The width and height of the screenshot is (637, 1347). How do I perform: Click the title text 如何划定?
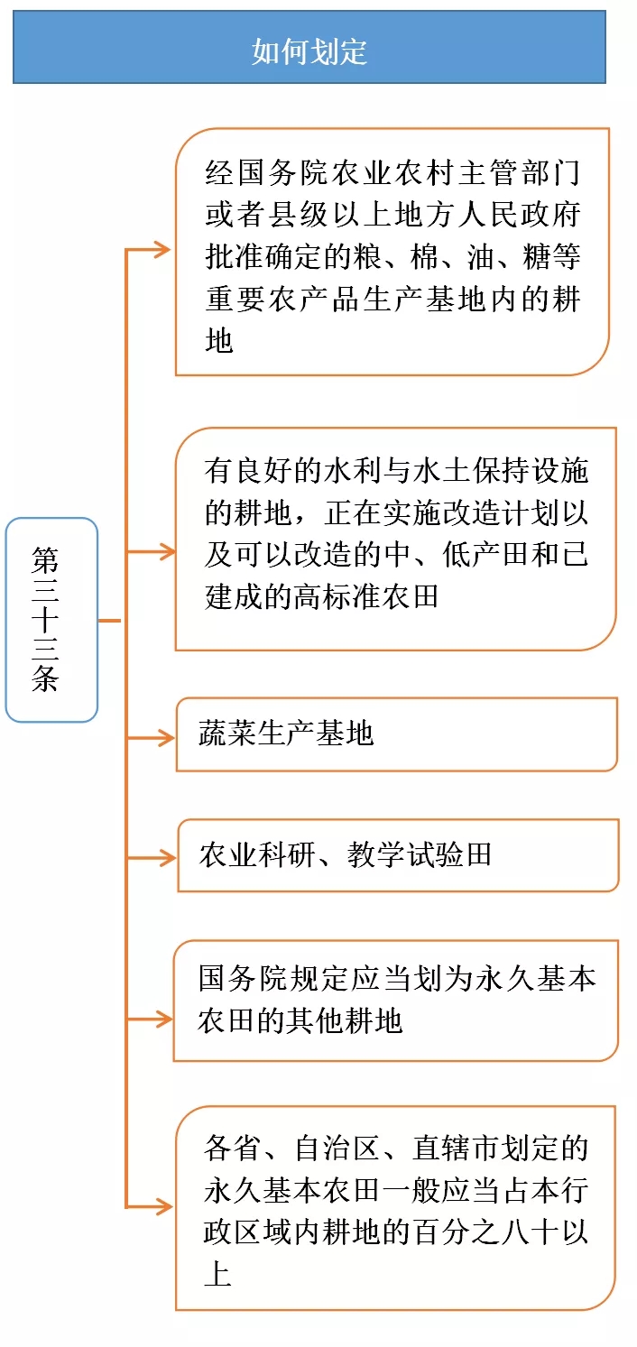[309, 51]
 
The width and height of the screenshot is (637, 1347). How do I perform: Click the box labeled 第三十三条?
[51, 619]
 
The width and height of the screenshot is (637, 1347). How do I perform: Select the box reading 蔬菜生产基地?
[396, 733]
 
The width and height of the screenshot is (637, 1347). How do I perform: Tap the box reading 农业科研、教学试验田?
[397, 855]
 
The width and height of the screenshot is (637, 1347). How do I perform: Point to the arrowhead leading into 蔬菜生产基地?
[165, 738]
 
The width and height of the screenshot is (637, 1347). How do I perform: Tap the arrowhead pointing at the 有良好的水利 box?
[165, 549]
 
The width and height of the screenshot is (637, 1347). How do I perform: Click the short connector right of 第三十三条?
[109, 621]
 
